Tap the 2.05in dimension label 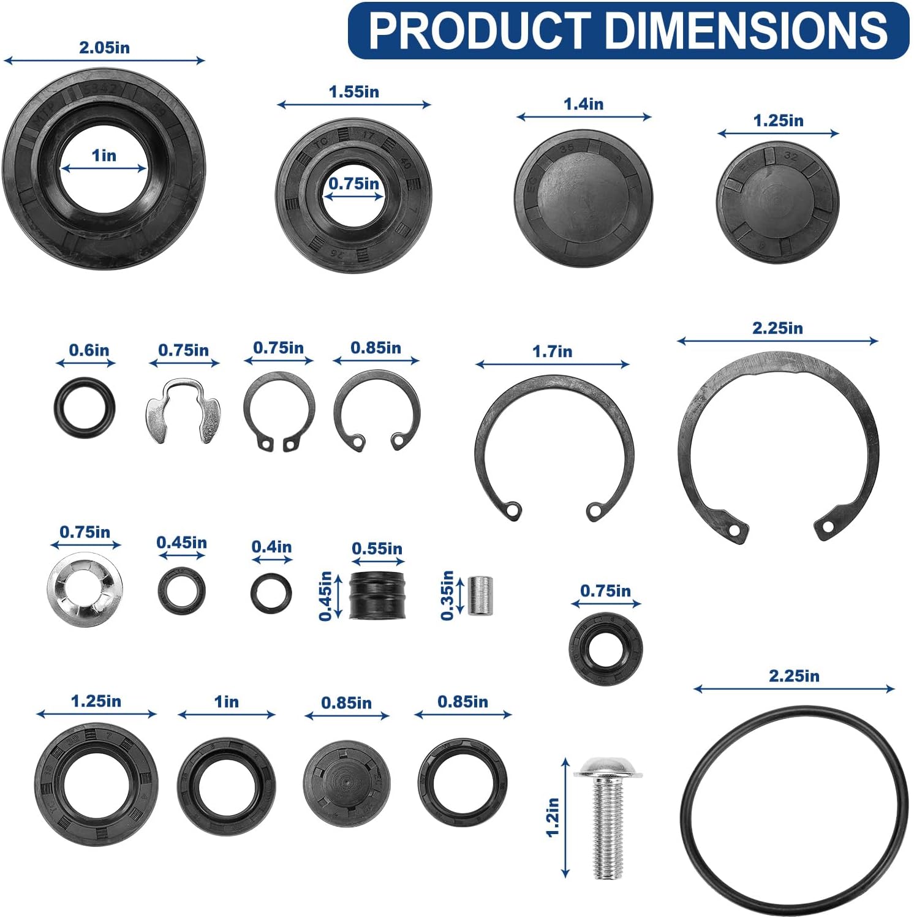(104, 47)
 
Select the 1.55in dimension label (353, 92)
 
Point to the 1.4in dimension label (583, 104)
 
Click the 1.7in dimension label (552, 352)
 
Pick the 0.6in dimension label (89, 350)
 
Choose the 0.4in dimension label (271, 547)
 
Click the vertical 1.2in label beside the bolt (553, 816)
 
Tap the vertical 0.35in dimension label (448, 595)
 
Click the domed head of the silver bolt (607, 767)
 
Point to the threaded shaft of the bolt (608, 827)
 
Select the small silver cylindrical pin (480, 595)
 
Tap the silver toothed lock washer (85, 589)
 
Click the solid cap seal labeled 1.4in (583, 197)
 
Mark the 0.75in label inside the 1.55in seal (353, 184)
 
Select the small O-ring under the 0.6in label (84, 407)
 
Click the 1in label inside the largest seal (104, 156)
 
